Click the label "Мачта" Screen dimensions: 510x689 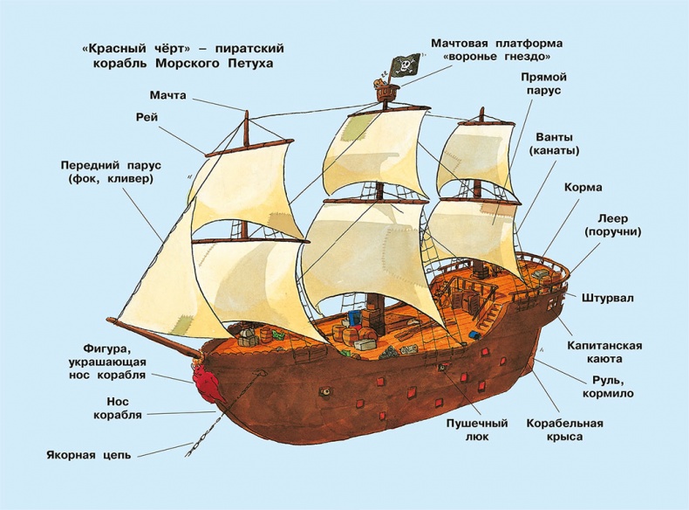click(x=167, y=94)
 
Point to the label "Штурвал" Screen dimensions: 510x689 click(x=607, y=298)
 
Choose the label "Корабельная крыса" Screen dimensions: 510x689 click(x=565, y=430)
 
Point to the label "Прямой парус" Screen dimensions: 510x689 click(x=541, y=84)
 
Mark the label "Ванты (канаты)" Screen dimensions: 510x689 click(x=554, y=143)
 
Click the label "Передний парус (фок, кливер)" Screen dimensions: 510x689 click(x=106, y=172)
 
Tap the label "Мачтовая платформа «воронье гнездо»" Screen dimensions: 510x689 click(x=498, y=51)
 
